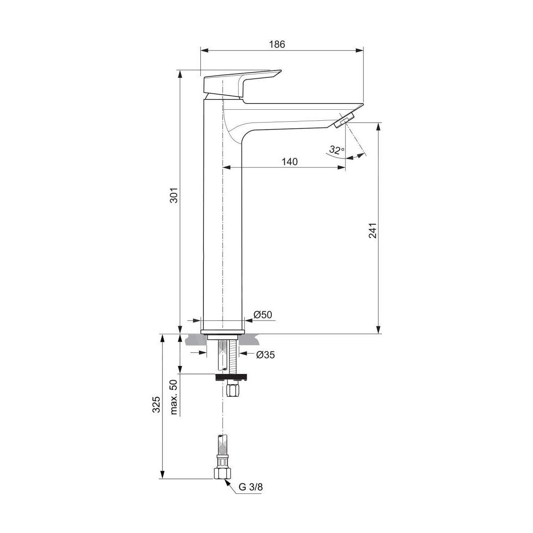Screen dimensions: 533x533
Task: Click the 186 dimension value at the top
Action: point(276,44)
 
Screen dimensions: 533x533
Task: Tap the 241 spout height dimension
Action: point(373,230)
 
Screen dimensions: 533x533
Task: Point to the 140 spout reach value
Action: point(289,162)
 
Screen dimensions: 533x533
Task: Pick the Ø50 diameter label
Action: point(263,314)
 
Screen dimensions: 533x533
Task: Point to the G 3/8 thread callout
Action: point(251,487)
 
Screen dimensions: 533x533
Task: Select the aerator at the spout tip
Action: point(345,120)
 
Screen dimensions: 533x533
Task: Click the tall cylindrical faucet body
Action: point(222,222)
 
